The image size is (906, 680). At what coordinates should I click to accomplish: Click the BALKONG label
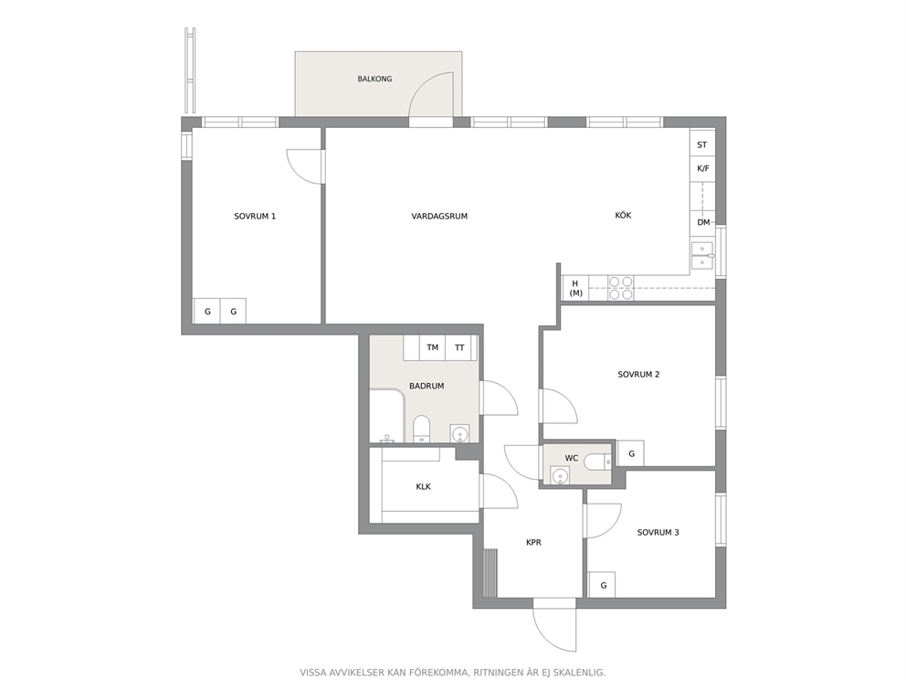pyautogui.click(x=374, y=79)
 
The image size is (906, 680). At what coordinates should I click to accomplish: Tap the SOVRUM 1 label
pyautogui.click(x=255, y=217)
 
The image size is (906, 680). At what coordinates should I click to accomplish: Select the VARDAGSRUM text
pyautogui.click(x=439, y=217)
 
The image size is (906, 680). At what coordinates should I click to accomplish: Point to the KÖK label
pyautogui.click(x=623, y=215)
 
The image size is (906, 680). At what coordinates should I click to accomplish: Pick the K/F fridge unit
pyautogui.click(x=702, y=169)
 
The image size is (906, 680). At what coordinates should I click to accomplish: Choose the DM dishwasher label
pyautogui.click(x=703, y=222)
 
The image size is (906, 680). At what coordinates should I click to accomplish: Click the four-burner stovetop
pyautogui.click(x=621, y=288)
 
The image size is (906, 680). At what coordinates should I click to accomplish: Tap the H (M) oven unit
pyautogui.click(x=575, y=288)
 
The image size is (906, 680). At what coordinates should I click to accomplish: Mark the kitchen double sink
pyautogui.click(x=702, y=256)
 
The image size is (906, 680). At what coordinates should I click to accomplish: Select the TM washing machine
pyautogui.click(x=432, y=347)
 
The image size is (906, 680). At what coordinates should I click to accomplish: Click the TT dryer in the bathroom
pyautogui.click(x=459, y=347)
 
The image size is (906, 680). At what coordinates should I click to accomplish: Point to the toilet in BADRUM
pyautogui.click(x=422, y=429)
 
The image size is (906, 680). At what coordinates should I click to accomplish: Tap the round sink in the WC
pyautogui.click(x=559, y=476)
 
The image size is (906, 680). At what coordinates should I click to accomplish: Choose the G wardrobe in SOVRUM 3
pyautogui.click(x=602, y=585)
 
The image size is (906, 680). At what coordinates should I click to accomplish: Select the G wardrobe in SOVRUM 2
pyautogui.click(x=631, y=453)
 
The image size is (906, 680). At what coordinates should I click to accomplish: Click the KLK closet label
pyautogui.click(x=424, y=487)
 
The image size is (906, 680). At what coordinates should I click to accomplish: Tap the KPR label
pyautogui.click(x=533, y=542)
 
